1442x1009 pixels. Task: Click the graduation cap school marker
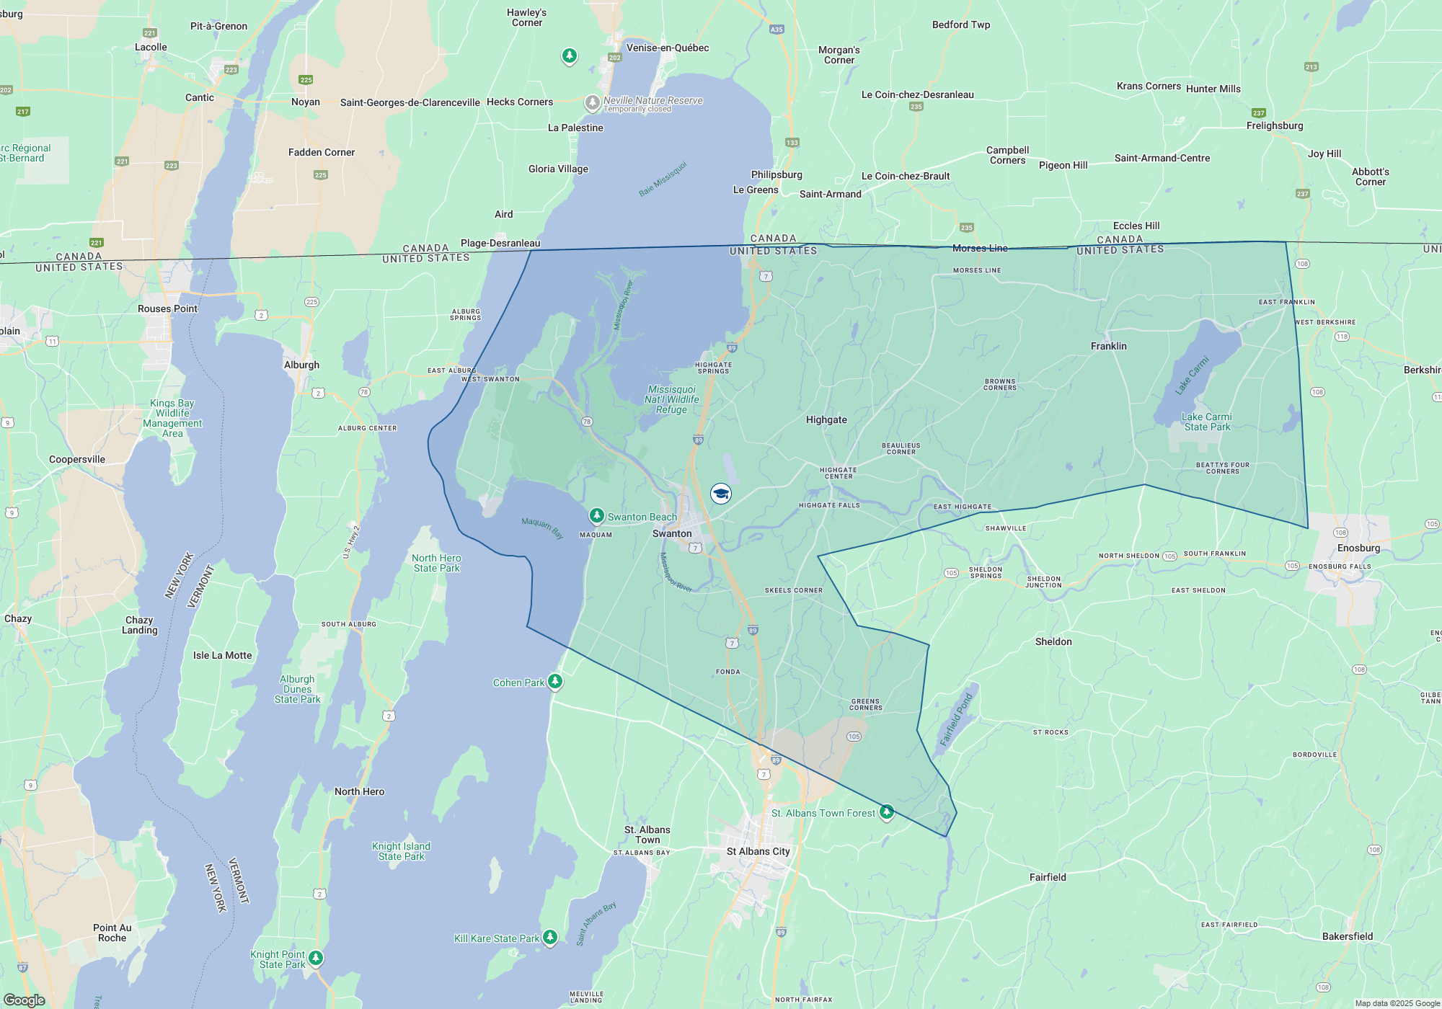[x=720, y=494]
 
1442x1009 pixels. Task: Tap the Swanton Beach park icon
[x=596, y=515]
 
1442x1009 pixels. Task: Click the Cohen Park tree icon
[x=554, y=681]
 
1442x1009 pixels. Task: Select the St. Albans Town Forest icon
[x=887, y=812]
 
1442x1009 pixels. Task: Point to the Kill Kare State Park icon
[x=550, y=937]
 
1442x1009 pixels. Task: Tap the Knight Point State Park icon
[x=315, y=958]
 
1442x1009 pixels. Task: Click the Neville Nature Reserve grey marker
[x=592, y=103]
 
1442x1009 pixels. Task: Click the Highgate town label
[x=826, y=419]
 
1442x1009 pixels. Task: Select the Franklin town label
[x=1108, y=346]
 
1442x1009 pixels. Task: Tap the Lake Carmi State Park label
[x=1206, y=422]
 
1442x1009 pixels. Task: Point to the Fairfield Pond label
[x=956, y=719]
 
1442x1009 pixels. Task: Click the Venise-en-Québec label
[x=668, y=48]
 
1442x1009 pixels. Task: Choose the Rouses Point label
[x=167, y=308]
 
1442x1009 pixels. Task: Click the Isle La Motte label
[x=222, y=655]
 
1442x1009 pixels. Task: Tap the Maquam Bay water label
[x=542, y=528]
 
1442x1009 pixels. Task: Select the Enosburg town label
[x=1358, y=548]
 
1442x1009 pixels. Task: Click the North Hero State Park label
[x=436, y=563]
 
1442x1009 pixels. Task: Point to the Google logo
[x=24, y=1000]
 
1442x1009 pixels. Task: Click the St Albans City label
[x=758, y=851]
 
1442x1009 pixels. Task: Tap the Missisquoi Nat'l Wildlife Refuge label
[x=672, y=399]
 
